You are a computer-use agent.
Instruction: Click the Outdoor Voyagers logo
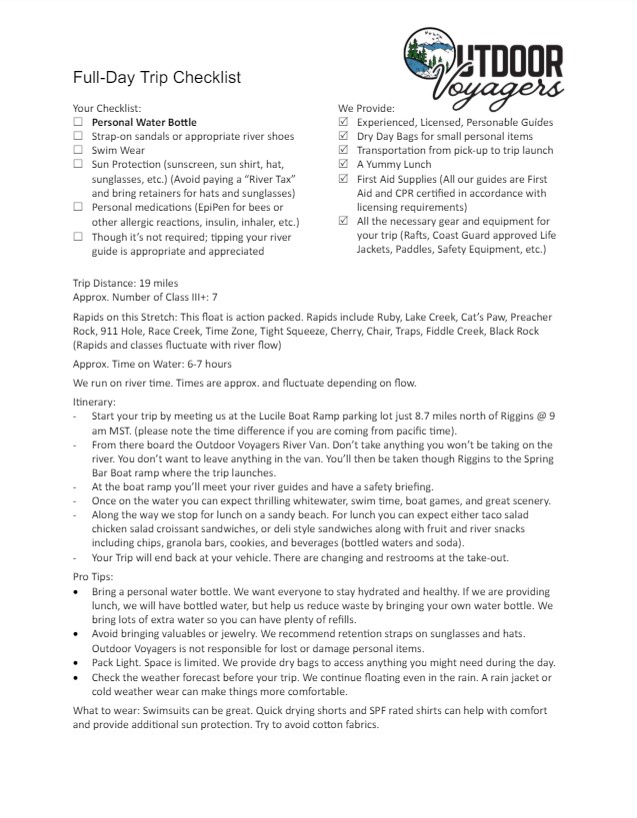click(x=483, y=63)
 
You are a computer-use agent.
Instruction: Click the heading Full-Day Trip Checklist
click(x=156, y=78)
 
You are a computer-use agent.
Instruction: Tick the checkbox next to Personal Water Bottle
click(x=78, y=122)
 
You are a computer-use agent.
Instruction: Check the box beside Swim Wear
click(x=78, y=150)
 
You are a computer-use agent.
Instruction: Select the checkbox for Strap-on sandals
click(x=78, y=136)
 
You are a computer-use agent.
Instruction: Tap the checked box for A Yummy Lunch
click(x=344, y=164)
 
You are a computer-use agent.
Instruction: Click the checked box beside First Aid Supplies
click(x=344, y=178)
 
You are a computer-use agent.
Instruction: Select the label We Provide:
click(x=366, y=108)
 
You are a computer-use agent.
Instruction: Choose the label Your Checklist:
click(x=107, y=108)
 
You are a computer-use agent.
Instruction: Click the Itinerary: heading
click(x=95, y=402)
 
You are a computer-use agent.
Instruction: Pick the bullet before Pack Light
click(x=78, y=663)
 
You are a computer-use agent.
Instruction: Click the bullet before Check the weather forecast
click(x=78, y=678)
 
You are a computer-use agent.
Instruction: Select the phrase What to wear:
click(x=108, y=710)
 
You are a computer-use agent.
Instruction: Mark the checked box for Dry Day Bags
click(x=344, y=136)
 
